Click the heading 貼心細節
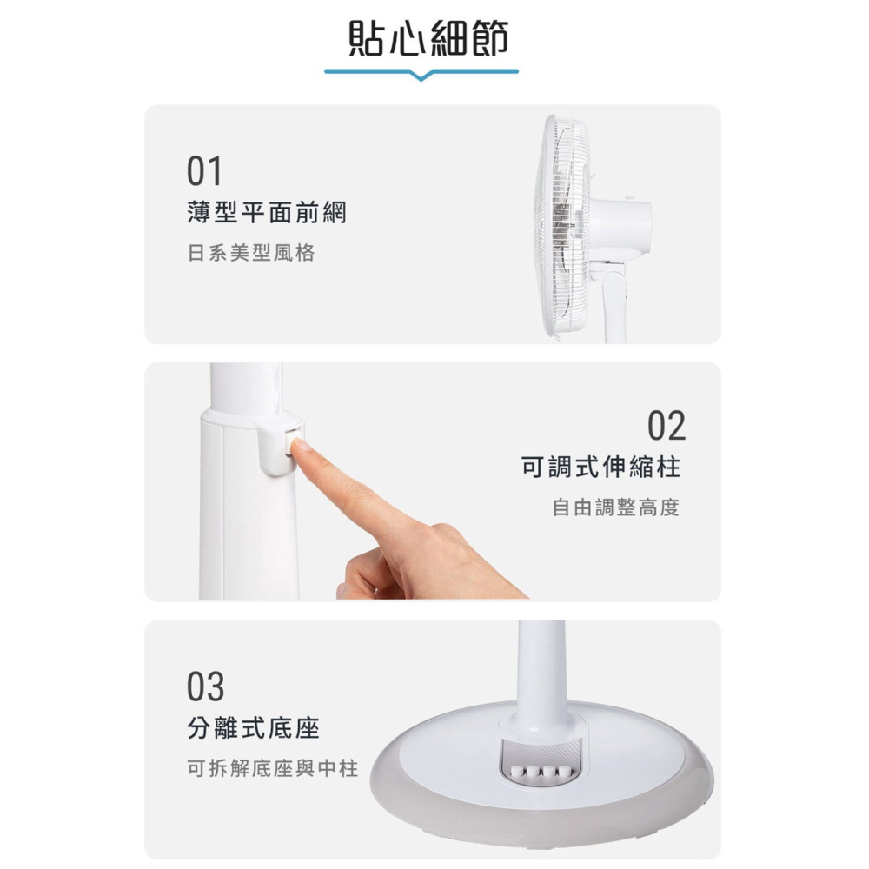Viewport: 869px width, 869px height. pos(428,38)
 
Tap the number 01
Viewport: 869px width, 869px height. pos(204,171)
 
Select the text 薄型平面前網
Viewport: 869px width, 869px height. pos(266,211)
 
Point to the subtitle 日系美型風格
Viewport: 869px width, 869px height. pos(251,253)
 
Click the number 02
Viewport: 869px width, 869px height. pos(667,426)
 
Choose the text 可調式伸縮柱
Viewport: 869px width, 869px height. pos(600,468)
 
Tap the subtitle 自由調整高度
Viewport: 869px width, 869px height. pos(615,507)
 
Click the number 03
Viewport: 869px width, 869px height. pos(205,687)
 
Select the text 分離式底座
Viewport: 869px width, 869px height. pos(254,728)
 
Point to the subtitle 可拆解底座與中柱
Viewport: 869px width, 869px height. pos(273,768)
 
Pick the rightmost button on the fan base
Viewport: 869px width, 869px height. pos(564,772)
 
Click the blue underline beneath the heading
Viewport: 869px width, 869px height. pos(421,72)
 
